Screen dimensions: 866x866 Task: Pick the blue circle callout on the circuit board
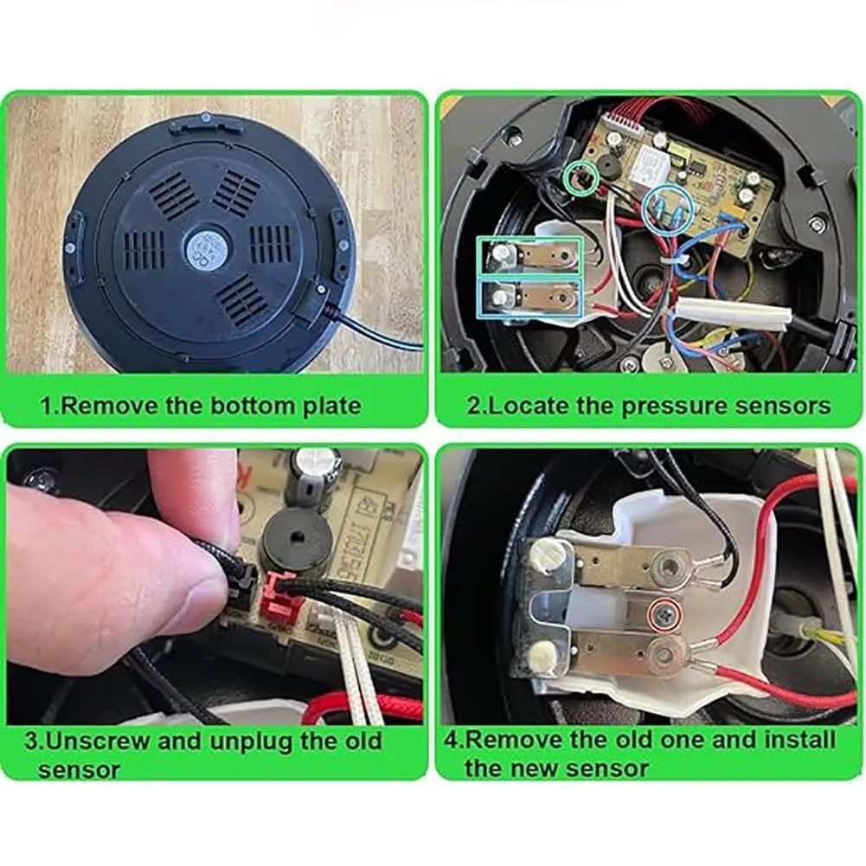pyautogui.click(x=669, y=208)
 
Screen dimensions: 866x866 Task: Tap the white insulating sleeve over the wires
pyautogui.click(x=732, y=311)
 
